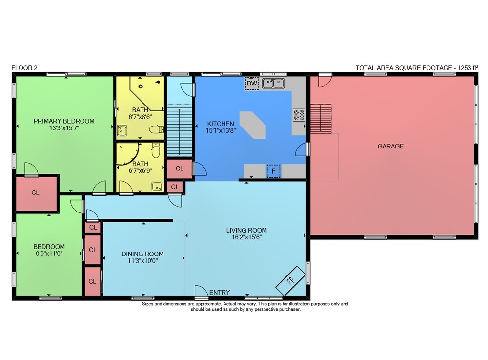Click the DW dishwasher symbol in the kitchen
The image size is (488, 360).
pyautogui.click(x=252, y=84)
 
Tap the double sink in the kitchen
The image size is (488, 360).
pyautogui.click(x=273, y=84)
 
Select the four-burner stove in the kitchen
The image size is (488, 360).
pyautogui.click(x=299, y=115)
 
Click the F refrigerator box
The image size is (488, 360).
pyautogui.click(x=274, y=171)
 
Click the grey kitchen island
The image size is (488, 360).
pyautogui.click(x=253, y=125)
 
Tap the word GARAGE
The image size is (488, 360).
pyautogui.click(x=390, y=146)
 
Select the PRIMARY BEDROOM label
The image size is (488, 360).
pyautogui.click(x=64, y=121)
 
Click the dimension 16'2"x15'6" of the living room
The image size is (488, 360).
pyautogui.click(x=246, y=237)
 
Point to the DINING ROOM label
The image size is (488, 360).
pyautogui.click(x=142, y=254)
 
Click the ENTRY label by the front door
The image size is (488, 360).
pyautogui.click(x=220, y=293)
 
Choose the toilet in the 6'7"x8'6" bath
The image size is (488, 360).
pyautogui.click(x=156, y=129)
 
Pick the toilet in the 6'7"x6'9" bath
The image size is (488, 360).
pyautogui.click(x=156, y=150)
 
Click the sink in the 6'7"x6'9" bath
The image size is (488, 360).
pyautogui.click(x=157, y=186)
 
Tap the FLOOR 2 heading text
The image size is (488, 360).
pyautogui.click(x=24, y=68)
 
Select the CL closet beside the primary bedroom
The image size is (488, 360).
pyautogui.click(x=36, y=193)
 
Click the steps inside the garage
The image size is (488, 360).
pyautogui.click(x=321, y=119)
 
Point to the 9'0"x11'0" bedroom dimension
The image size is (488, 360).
pyautogui.click(x=49, y=254)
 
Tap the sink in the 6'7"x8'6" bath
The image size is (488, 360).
pyautogui.click(x=122, y=131)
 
